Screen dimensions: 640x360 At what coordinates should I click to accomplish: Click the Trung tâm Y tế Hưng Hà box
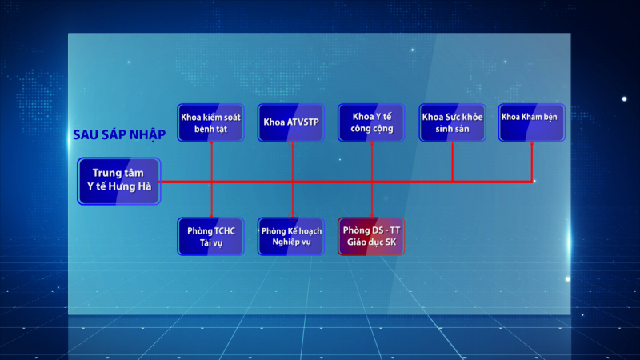[118, 181]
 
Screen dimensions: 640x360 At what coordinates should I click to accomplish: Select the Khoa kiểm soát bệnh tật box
[210, 122]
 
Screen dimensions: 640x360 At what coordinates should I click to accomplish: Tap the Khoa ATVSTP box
[291, 122]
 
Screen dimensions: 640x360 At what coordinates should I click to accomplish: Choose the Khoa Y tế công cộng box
[371, 122]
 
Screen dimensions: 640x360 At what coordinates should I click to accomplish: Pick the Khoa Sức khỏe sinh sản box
[452, 122]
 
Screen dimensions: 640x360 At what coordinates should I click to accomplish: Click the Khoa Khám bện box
[531, 122]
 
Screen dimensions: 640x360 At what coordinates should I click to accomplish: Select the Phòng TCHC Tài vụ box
[210, 236]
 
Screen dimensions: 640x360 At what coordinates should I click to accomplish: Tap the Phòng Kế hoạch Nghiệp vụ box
[291, 236]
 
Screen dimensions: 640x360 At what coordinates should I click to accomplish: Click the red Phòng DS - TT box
[371, 236]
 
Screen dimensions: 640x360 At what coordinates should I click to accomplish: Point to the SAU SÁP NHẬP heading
[119, 134]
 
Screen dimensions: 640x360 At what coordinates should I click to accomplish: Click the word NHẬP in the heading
[148, 134]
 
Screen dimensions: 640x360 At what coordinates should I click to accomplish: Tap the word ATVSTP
[302, 122]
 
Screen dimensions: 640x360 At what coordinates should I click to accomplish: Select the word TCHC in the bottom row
[223, 231]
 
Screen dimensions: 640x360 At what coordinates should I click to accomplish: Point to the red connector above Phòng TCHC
[211, 199]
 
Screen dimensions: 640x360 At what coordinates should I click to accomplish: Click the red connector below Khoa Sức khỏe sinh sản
[452, 162]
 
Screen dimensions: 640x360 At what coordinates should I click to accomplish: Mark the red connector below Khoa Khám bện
[532, 162]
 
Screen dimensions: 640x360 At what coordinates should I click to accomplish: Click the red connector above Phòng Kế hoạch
[293, 199]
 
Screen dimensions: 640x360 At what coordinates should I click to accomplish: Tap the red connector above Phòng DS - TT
[372, 199]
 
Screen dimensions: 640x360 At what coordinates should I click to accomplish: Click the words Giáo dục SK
[371, 242]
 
